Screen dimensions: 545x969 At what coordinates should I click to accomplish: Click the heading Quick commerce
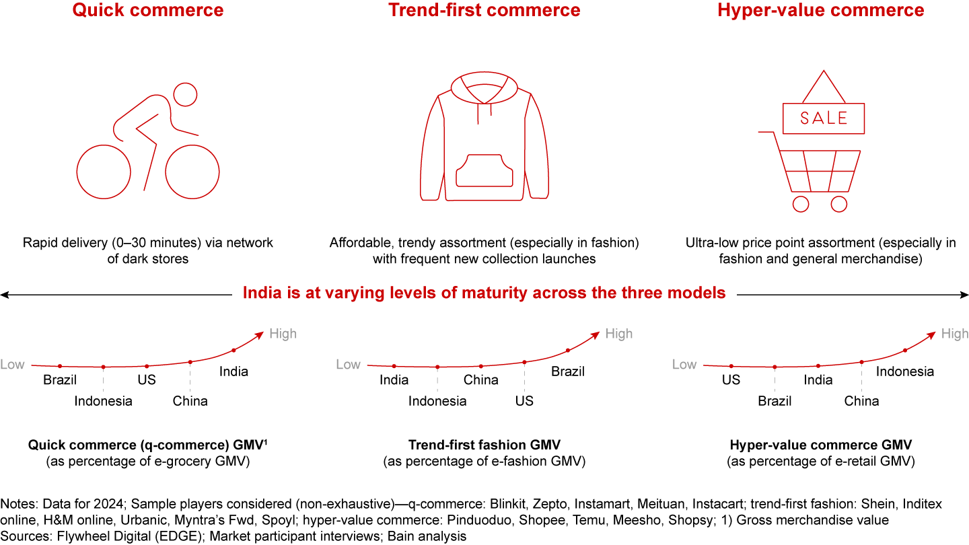click(147, 10)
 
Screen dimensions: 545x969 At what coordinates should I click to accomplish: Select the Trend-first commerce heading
click(484, 10)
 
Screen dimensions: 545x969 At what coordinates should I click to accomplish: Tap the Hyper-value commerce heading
click(820, 10)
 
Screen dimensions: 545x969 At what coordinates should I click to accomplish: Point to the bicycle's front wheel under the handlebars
click(192, 172)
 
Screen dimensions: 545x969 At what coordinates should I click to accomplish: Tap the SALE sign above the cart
click(823, 118)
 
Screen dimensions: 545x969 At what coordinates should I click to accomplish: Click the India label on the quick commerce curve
click(234, 371)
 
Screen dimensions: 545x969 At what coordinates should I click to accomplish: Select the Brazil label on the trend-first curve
click(568, 371)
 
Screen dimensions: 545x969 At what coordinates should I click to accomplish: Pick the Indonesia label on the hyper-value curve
click(904, 371)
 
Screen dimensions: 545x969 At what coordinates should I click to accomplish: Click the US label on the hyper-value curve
click(731, 379)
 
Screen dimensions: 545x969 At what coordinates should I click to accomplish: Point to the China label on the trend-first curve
click(480, 379)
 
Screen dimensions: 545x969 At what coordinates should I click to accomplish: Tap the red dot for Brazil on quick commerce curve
click(60, 366)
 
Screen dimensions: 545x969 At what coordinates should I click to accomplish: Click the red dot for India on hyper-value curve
click(818, 366)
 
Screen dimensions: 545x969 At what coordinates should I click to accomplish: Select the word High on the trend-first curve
click(618, 334)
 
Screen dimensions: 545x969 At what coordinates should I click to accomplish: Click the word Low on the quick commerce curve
click(12, 365)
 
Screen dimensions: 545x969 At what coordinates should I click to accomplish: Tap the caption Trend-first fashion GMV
click(484, 445)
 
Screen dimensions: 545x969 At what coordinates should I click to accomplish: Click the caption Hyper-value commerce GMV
click(820, 445)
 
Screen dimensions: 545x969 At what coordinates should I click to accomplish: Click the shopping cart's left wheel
click(801, 203)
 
